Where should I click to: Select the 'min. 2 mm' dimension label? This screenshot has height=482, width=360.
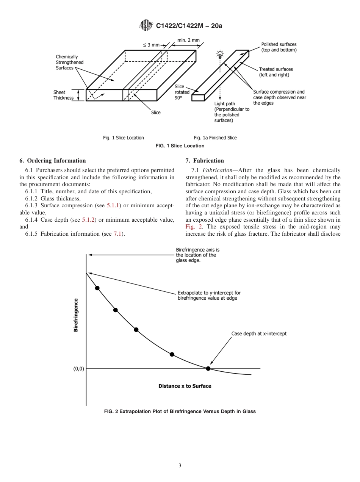pyautogui.click(x=188, y=40)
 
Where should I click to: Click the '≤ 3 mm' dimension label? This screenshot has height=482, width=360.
pyautogui.click(x=151, y=45)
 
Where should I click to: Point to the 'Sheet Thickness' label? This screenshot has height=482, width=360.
pyautogui.click(x=63, y=95)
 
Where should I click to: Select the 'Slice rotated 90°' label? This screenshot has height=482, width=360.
pyautogui.click(x=179, y=92)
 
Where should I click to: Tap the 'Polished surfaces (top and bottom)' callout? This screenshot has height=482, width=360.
pyautogui.click(x=279, y=47)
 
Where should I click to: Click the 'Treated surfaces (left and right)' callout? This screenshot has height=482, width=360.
pyautogui.click(x=275, y=72)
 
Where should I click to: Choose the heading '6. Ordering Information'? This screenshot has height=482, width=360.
pyautogui.click(x=53, y=161)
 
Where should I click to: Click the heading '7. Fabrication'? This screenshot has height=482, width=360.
pyautogui.click(x=205, y=161)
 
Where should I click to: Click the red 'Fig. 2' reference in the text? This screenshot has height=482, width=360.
pyautogui.click(x=193, y=227)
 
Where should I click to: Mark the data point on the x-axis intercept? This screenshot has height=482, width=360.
pyautogui.click(x=208, y=368)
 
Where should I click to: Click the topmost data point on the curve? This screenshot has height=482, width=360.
pyautogui.click(x=97, y=288)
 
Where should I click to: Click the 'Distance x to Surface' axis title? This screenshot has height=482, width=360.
pyautogui.click(x=185, y=386)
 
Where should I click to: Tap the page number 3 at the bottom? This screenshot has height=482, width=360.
pyautogui.click(x=180, y=465)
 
